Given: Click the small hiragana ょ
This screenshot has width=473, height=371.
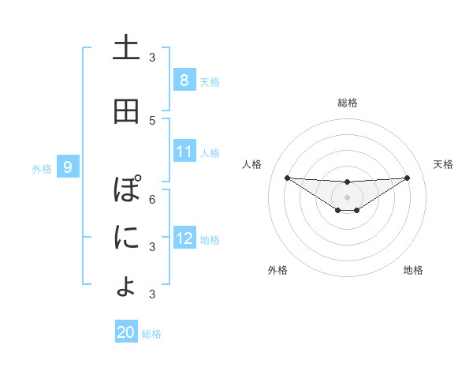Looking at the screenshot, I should tap(126, 286).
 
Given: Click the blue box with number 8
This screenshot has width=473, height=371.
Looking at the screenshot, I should tap(184, 81).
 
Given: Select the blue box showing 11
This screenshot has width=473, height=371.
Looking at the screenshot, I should tap(184, 152).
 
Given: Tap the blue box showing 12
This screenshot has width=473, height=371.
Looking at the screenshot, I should tap(184, 239).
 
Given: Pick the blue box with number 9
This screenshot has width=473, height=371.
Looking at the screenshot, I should tap(68, 167).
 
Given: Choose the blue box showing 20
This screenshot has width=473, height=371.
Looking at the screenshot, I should tap(126, 332).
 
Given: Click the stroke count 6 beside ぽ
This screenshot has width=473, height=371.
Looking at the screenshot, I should tap(152, 199).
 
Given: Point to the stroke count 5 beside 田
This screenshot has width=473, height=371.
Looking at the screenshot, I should tap(152, 120).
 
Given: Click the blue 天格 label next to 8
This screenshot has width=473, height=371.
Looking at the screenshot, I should tap(210, 81).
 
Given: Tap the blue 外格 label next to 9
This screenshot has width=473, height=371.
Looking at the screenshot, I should tap(42, 168).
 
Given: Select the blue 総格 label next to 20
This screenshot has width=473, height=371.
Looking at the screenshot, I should tap(151, 333).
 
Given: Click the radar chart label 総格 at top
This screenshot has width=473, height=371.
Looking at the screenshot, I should tap(348, 103).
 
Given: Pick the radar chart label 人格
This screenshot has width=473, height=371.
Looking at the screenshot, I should tap(251, 164).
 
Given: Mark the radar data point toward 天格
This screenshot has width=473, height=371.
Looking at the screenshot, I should tap(408, 178).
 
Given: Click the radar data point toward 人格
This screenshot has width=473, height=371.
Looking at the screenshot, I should tap(287, 178).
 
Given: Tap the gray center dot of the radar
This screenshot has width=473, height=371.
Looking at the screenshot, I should tap(347, 197).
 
